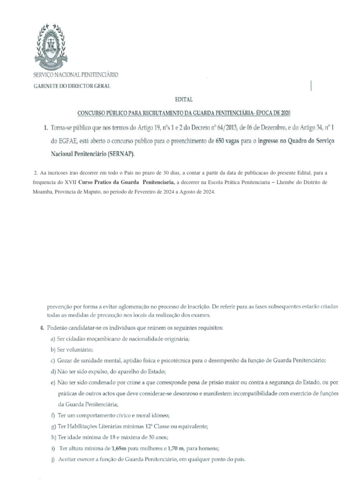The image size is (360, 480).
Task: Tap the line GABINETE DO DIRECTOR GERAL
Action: [71, 86]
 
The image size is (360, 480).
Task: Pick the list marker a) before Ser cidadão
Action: [53, 339]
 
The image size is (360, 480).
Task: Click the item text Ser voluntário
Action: [76, 350]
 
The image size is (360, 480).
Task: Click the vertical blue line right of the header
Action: [312, 85]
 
